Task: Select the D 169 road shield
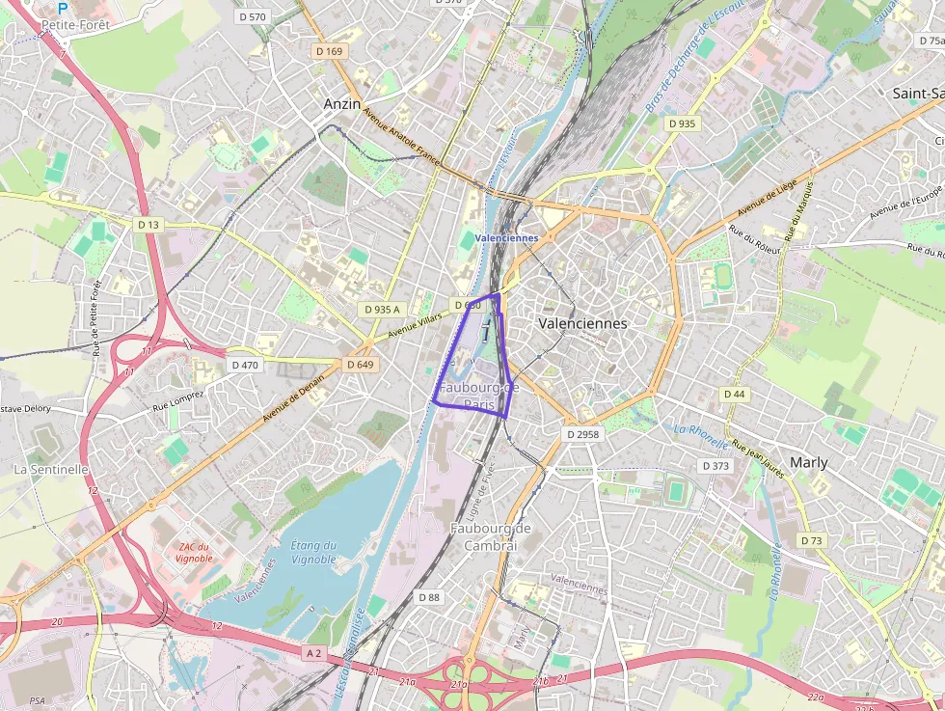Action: pos(329,51)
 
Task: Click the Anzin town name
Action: pos(342,103)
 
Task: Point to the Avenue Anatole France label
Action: pos(401,139)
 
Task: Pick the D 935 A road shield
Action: pos(382,309)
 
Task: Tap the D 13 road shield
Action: pos(148,225)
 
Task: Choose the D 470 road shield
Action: pos(246,365)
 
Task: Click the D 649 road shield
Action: pos(359,365)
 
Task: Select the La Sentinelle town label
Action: pos(51,469)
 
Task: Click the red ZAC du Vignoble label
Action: pos(194,553)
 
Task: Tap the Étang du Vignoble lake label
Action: pos(313,552)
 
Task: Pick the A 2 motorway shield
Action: pos(312,653)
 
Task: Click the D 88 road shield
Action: pos(429,597)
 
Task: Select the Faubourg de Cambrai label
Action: pos(491,536)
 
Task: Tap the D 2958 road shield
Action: pos(582,434)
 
